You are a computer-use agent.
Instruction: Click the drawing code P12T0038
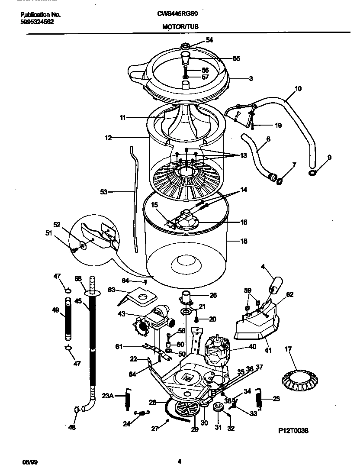tap(294, 431)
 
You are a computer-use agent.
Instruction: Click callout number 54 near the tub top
tap(209, 40)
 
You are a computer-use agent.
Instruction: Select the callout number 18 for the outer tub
tap(244, 241)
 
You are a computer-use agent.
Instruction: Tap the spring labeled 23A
tap(128, 396)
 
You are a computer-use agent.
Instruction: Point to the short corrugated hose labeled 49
tap(68, 319)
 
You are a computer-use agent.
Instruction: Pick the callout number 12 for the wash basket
tap(108, 138)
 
